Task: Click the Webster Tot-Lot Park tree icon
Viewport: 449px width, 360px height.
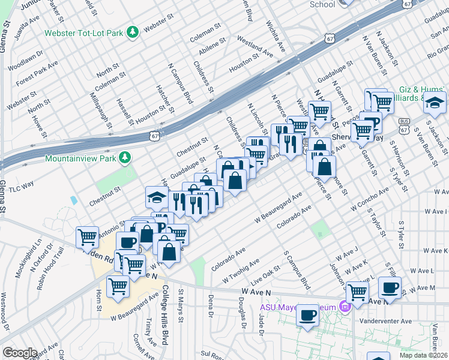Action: click(x=136, y=31)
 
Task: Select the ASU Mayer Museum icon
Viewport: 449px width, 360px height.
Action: click(x=345, y=308)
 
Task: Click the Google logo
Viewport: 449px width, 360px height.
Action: click(x=19, y=353)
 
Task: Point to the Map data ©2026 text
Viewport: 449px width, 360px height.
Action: click(x=423, y=355)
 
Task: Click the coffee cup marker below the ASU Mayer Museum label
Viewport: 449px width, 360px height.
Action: click(x=309, y=314)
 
